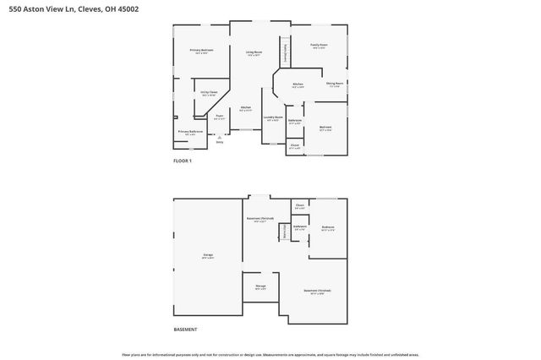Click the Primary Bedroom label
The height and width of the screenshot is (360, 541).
point(201,51)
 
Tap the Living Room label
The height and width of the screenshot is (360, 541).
point(254,52)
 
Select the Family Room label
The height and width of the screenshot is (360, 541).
point(318,45)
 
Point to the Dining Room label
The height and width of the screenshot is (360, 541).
point(334,83)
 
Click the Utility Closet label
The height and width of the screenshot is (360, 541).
point(210,92)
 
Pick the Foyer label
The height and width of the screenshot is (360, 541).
point(219,116)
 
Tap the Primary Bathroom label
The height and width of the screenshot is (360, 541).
point(190,132)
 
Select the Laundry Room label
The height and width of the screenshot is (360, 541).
point(272,117)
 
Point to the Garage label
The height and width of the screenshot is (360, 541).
point(207,254)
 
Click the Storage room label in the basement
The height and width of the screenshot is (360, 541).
point(260,286)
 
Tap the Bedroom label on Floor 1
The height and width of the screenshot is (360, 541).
point(325,128)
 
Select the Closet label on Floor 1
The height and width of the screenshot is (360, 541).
point(294,145)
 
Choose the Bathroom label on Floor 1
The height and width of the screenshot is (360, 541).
point(295,121)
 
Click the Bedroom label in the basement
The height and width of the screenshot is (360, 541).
point(328,227)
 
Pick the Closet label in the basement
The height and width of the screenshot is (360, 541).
point(300,205)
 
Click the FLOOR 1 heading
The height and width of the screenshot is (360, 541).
point(183,161)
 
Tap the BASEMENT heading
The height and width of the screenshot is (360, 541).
point(185,329)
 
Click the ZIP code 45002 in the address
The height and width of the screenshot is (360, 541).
point(128,8)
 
